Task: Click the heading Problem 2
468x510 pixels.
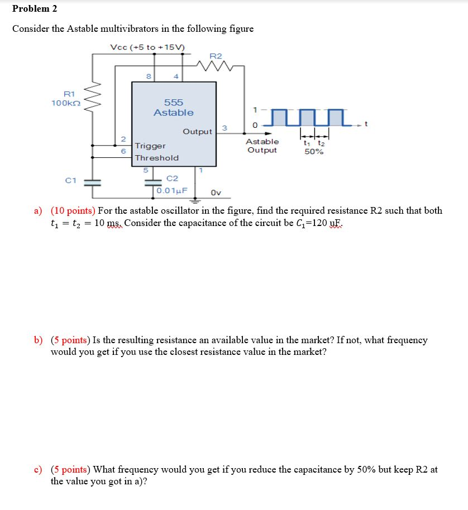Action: click(x=35, y=9)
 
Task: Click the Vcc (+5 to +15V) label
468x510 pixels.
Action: click(x=148, y=47)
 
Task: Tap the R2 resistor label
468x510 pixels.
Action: click(x=216, y=56)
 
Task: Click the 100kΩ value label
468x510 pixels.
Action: click(x=66, y=103)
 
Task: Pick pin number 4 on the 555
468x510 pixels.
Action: click(x=176, y=76)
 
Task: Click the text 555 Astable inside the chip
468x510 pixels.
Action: click(x=174, y=108)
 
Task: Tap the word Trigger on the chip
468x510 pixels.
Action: click(x=150, y=146)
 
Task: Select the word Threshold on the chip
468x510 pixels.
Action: click(x=157, y=158)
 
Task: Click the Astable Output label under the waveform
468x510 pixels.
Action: click(x=262, y=146)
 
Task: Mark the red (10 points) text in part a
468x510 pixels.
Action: click(x=73, y=211)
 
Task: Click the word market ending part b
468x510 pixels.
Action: click(x=311, y=352)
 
